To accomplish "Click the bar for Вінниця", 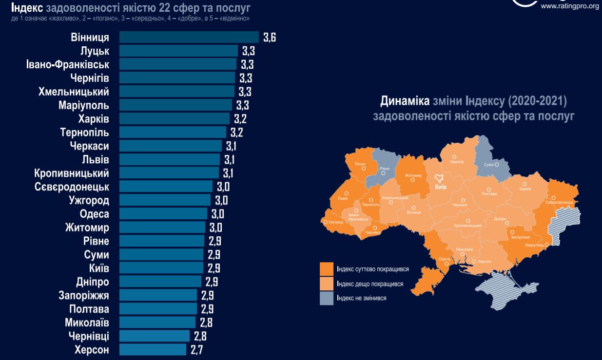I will pos(189,38).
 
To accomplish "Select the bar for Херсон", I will pos(153,350).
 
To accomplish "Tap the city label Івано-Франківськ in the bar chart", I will pos(68,64).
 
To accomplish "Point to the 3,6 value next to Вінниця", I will pos(270,38).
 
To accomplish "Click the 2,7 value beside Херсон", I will pos(196,350).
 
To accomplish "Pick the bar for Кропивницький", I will pos(169,173).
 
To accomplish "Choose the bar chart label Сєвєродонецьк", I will pos(72,187).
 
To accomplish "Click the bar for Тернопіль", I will pos(173,132).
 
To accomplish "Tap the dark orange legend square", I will pos(327,269).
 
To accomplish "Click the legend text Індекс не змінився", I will pos(361,298).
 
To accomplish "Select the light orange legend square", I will pos(327,284).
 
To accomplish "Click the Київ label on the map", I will pos(440,187).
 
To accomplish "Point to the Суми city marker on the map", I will pos(496,165).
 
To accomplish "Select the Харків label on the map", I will pos(525,189).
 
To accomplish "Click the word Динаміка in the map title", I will pos(404,101).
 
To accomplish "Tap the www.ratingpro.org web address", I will pos(569,6).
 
